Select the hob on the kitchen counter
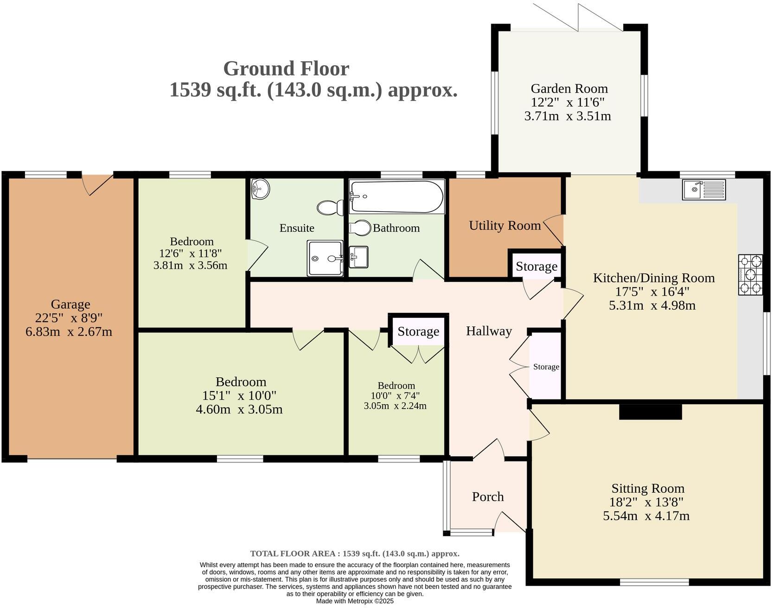[750, 274]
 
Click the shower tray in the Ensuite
[325, 258]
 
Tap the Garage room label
[70, 304]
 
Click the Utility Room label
[505, 226]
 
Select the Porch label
[487, 497]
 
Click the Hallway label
[489, 331]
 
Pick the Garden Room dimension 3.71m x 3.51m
[567, 116]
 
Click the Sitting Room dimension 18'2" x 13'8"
[646, 502]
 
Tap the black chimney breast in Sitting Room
[650, 412]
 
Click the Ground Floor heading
[286, 69]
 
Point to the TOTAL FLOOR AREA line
[355, 553]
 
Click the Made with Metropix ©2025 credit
[355, 601]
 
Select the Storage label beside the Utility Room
[536, 266]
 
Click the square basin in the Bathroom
[358, 256]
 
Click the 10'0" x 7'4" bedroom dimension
[395, 396]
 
